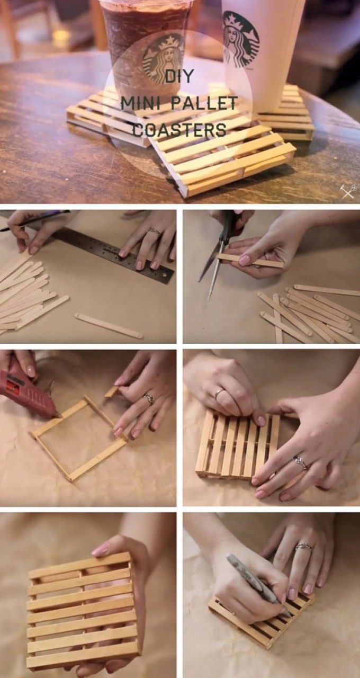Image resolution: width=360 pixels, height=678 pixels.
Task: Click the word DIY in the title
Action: pyautogui.click(x=178, y=76)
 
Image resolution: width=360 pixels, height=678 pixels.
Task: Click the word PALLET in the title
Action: pyautogui.click(x=204, y=103)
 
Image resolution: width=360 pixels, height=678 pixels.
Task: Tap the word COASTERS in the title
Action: pyautogui.click(x=180, y=129)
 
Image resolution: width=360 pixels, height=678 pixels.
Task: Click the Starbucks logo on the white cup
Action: pyautogui.click(x=241, y=39)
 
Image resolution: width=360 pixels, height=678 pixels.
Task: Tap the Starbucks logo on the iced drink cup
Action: pyautogui.click(x=163, y=58)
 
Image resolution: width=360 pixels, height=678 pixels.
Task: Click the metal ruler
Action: pyautogui.click(x=114, y=255)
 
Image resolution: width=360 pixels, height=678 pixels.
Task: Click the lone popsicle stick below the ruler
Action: pyautogui.click(x=109, y=325)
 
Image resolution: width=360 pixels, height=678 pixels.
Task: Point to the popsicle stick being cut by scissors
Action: pyautogui.click(x=250, y=260)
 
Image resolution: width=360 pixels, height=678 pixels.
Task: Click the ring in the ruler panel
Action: pyautogui.click(x=154, y=232)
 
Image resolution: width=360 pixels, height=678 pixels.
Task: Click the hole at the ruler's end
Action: pyautogui.click(x=164, y=276)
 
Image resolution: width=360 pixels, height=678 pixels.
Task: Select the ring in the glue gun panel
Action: pyautogui.click(x=149, y=399)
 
